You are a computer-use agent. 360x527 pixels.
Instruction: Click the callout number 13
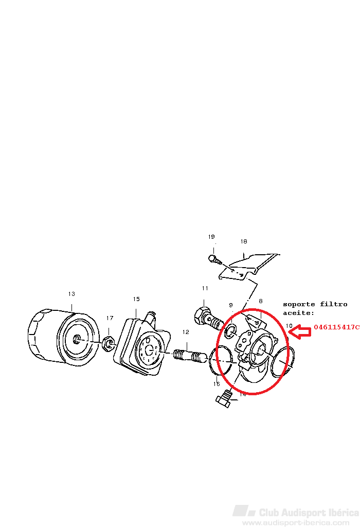coord(71,294)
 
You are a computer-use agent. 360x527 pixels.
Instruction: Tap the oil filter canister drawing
coord(64,337)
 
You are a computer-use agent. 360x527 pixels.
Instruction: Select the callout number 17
coord(110,318)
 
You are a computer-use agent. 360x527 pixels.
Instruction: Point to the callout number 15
coord(136,299)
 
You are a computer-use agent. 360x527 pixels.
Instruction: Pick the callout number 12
coord(186,332)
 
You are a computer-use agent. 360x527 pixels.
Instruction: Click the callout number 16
coord(217,384)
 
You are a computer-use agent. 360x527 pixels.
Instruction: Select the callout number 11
coord(205,288)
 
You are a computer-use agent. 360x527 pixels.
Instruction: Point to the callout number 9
coord(231,305)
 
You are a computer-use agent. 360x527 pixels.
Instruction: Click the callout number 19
coord(211,237)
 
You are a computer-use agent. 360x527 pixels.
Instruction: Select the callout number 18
coord(244,241)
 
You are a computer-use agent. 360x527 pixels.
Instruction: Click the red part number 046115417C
coord(337,327)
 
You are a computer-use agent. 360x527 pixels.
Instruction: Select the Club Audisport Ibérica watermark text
coord(309,513)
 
